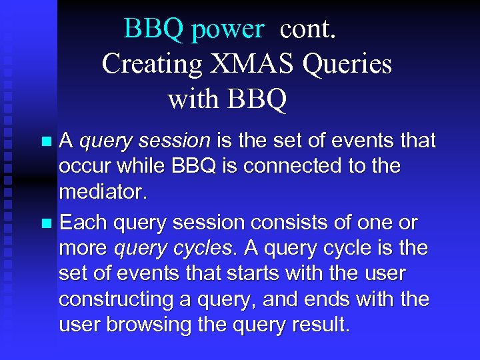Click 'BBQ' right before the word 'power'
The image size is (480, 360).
154,29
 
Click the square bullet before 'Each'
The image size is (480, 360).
46,223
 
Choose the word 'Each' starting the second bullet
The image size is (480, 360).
83,222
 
